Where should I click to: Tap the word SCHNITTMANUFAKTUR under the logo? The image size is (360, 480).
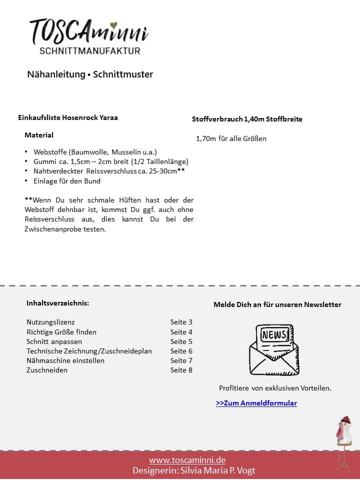(90, 50)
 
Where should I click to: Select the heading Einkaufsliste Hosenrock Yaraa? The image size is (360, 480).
(68, 118)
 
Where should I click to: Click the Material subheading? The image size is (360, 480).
(39, 135)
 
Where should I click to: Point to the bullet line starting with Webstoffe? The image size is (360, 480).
(95, 152)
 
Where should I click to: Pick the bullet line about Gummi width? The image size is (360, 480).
(110, 161)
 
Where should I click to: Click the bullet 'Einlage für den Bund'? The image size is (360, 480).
(67, 181)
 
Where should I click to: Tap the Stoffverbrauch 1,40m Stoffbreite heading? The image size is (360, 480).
(247, 119)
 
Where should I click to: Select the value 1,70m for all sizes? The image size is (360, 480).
(231, 138)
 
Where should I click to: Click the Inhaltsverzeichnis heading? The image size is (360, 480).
(58, 303)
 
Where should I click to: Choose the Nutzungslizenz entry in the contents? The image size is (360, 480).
(50, 322)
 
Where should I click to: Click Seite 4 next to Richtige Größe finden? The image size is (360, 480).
(181, 332)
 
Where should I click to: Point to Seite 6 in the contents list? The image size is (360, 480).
(181, 351)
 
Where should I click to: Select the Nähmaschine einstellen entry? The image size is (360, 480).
(65, 360)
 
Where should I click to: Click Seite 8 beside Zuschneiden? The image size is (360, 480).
(181, 370)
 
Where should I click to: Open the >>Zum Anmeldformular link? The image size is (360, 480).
(256, 403)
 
